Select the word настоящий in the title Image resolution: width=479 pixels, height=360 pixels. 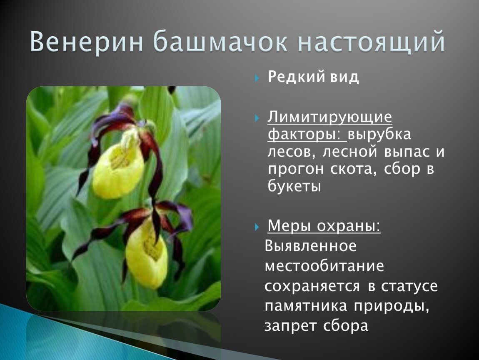(x=371, y=42)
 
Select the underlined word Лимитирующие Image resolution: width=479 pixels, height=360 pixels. (x=329, y=117)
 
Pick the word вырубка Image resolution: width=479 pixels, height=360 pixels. (x=379, y=135)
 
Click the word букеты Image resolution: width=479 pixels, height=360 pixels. (x=294, y=186)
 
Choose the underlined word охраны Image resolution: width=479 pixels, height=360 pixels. (x=349, y=226)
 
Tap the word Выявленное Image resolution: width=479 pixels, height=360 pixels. (x=311, y=245)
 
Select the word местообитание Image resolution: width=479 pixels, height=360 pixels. (x=324, y=266)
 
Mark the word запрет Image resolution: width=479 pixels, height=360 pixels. (x=289, y=326)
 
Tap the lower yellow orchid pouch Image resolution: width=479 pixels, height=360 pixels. (x=147, y=257)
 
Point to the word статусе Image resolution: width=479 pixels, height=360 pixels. (x=409, y=286)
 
